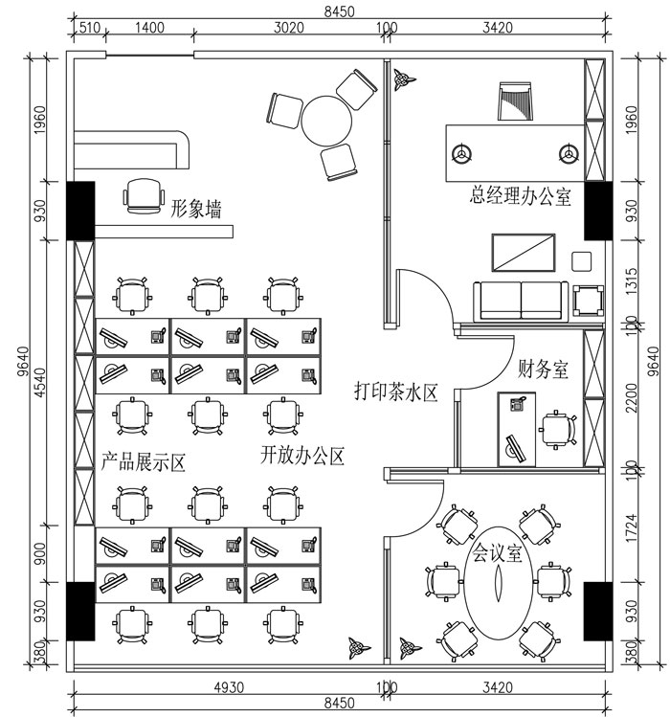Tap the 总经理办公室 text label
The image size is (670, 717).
point(520,197)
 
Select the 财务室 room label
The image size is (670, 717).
point(543,368)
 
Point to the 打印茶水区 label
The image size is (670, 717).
point(395,391)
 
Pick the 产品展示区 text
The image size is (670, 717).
point(143,461)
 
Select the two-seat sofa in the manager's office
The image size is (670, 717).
point(521,301)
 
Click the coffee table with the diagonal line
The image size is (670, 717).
point(524,253)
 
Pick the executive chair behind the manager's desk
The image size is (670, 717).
point(514,101)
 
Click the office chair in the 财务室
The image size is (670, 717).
point(556,430)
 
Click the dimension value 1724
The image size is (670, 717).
point(629,526)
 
